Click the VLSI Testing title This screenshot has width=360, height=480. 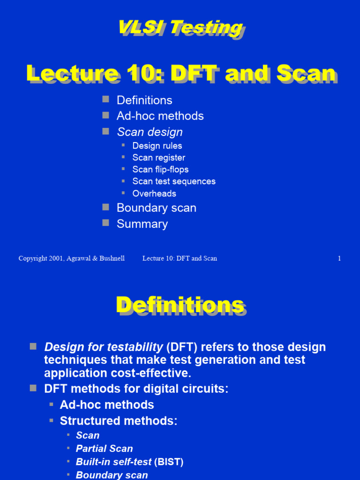[180, 28]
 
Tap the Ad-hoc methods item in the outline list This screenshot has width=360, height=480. [160, 116]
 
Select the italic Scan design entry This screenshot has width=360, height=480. [150, 132]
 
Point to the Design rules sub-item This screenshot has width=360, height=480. [157, 146]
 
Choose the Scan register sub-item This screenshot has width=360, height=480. [158, 157]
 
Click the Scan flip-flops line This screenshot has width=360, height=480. [160, 169]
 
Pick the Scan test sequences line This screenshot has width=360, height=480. [174, 181]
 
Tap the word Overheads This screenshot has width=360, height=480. [154, 194]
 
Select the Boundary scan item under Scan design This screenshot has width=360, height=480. [156, 208]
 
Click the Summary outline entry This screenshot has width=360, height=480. [142, 224]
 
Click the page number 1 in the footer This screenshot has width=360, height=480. [339, 258]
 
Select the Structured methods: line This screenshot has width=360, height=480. [119, 420]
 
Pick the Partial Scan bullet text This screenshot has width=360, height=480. [104, 449]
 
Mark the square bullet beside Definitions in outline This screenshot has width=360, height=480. [106, 99]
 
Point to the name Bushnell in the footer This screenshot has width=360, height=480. [112, 258]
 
